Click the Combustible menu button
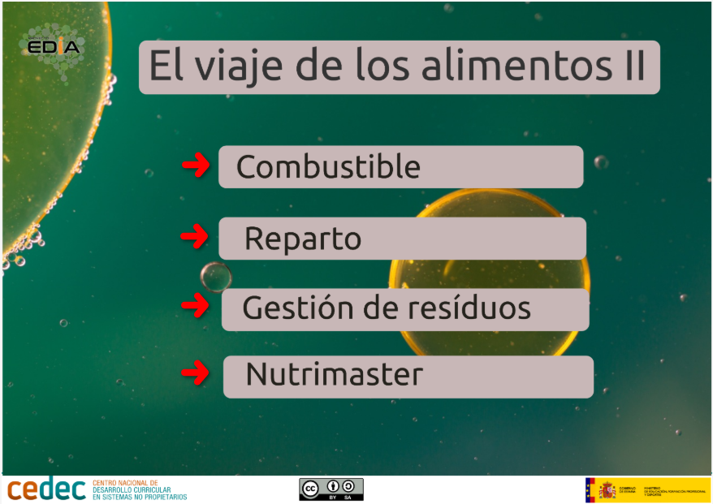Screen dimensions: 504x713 (400, 167)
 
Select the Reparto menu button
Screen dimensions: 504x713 (402, 239)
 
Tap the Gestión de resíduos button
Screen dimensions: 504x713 (405, 309)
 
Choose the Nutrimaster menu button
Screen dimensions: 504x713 (408, 377)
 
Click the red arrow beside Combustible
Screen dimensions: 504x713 (195, 166)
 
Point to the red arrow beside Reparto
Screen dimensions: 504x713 (194, 237)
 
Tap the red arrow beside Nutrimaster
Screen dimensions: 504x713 (195, 373)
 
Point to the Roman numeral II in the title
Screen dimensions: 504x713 (629, 67)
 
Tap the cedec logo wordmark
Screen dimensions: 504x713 (47, 489)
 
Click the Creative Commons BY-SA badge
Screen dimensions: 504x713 (331, 489)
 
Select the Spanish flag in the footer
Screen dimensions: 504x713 (590, 489)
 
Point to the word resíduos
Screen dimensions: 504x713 (478, 308)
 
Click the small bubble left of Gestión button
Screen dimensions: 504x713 (216, 277)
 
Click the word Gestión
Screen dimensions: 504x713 (287, 309)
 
